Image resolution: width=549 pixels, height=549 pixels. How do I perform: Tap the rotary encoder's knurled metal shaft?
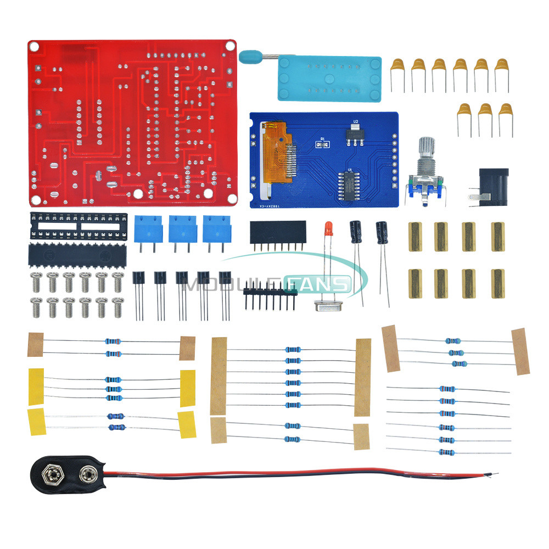428,149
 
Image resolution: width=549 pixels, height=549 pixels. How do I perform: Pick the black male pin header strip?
270,292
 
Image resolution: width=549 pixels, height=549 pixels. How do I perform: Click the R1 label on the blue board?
323,139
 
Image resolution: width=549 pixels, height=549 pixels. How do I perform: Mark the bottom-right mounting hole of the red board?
209,193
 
